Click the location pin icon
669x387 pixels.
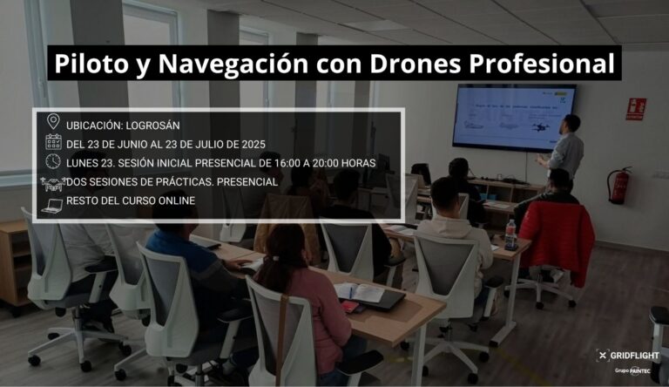53,122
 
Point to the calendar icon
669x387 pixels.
53,142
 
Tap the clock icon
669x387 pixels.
53,161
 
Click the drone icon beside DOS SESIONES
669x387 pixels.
53,183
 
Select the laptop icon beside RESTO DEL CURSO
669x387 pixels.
52,206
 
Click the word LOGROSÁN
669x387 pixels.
152,126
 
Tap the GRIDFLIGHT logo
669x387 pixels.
628,356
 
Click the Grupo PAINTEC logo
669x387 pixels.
632,371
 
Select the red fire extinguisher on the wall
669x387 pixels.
618,186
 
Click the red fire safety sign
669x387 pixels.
636,109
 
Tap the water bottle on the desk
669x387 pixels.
510,234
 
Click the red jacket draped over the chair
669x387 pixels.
557,240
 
